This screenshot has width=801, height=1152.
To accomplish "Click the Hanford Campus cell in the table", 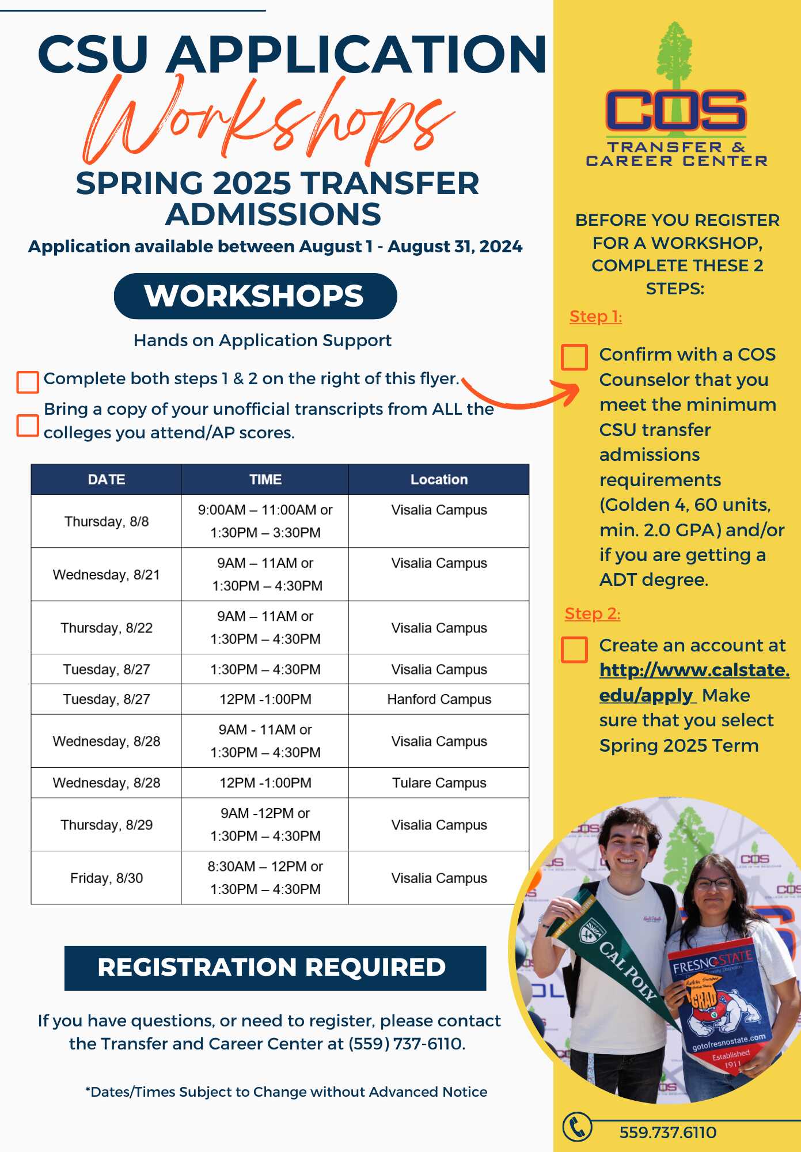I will click(x=439, y=699).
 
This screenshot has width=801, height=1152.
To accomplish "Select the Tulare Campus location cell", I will click(x=439, y=783).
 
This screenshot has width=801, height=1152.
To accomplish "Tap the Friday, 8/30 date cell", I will click(x=107, y=878).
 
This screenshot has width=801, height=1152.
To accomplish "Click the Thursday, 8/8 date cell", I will click(x=107, y=521).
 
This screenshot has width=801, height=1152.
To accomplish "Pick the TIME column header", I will click(x=265, y=479).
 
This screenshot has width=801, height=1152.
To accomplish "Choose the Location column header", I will click(x=439, y=479).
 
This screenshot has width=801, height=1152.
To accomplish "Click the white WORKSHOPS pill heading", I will click(x=255, y=296).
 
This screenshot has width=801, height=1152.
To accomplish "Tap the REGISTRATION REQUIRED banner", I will click(x=275, y=968).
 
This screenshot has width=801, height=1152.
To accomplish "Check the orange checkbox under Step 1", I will click(x=574, y=357).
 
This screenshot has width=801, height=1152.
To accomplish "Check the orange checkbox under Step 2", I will click(x=574, y=649).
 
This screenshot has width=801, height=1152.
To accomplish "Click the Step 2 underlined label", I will click(x=592, y=613).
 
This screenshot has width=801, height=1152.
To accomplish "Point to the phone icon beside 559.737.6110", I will click(x=576, y=1127).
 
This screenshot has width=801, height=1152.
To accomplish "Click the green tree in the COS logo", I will click(x=675, y=63).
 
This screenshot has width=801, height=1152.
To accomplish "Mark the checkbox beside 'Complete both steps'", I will click(x=28, y=382).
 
